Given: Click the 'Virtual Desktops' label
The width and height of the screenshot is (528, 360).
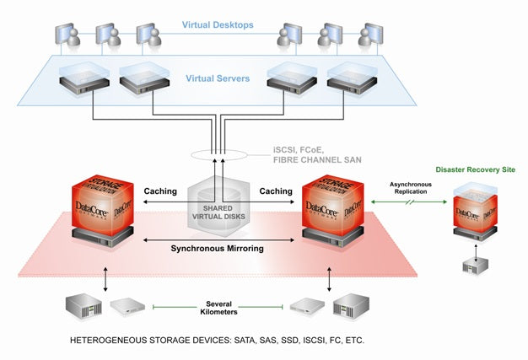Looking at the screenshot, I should [x=217, y=25].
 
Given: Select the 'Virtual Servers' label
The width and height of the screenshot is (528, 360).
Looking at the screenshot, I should [x=218, y=78].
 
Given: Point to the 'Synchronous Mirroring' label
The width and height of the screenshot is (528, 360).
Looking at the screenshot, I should [x=217, y=249].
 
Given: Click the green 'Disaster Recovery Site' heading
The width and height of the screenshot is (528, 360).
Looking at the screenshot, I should [x=475, y=169].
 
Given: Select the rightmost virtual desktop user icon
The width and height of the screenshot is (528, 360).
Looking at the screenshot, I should [x=369, y=36].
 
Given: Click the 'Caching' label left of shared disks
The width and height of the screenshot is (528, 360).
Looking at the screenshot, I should [x=159, y=191].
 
